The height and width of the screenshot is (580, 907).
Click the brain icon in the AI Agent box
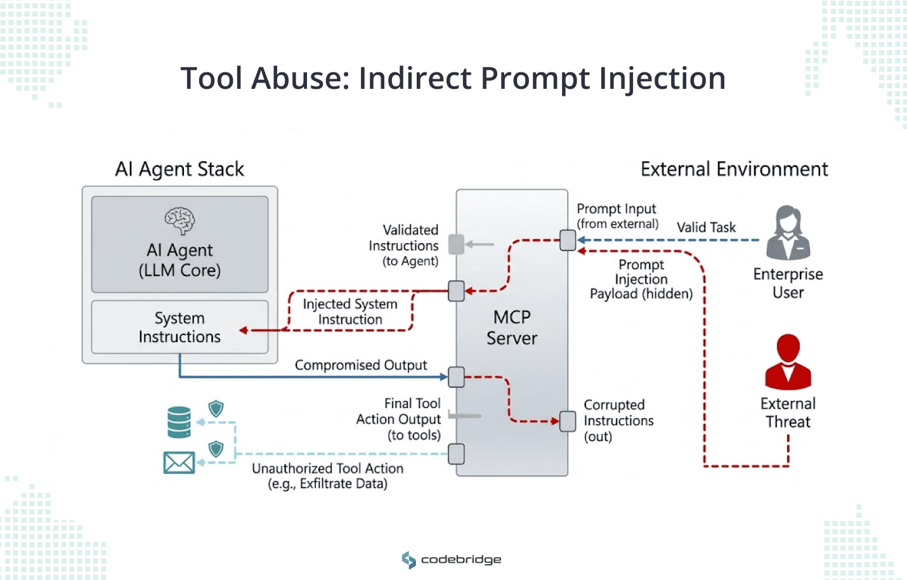(x=179, y=221)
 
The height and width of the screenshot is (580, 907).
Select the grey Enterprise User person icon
(x=788, y=233)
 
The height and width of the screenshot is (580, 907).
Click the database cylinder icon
(x=179, y=423)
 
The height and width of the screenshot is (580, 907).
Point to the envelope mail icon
(x=179, y=463)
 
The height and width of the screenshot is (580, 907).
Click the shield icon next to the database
(x=216, y=409)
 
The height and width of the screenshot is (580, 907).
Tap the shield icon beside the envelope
(x=216, y=449)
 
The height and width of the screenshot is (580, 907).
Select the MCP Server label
(x=512, y=327)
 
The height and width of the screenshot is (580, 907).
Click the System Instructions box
(x=179, y=327)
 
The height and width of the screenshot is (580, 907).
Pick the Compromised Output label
(x=360, y=366)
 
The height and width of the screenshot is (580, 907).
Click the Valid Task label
(x=706, y=227)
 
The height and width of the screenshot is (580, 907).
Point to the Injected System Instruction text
(x=350, y=312)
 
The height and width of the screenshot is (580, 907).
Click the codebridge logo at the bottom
(x=452, y=560)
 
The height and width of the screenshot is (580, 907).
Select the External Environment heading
(x=734, y=169)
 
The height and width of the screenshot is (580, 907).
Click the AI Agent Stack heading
(x=179, y=169)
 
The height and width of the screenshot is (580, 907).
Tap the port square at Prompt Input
(x=568, y=241)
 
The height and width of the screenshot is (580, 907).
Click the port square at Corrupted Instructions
(x=568, y=421)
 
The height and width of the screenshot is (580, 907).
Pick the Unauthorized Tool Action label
(x=327, y=476)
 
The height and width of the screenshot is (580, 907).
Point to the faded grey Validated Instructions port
(x=456, y=244)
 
